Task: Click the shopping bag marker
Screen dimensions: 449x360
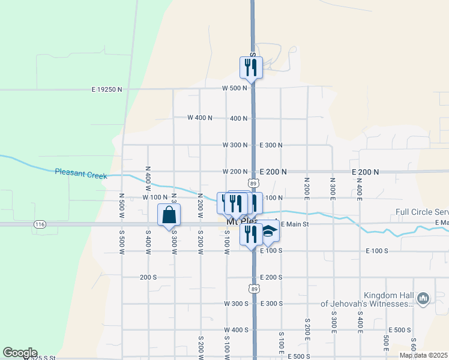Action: coord(169,214)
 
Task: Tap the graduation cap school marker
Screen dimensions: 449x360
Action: coord(269,233)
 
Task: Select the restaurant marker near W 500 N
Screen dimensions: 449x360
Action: coord(251,67)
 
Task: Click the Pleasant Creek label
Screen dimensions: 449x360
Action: coord(80,173)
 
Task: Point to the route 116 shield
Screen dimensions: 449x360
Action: coord(40,224)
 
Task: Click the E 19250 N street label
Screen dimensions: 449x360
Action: coord(107,89)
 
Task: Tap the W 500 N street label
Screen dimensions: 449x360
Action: coord(234,88)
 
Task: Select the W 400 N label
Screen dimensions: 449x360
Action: coord(200,118)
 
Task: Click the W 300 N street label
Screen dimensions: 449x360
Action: coord(235,145)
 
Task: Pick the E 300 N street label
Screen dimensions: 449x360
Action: coord(271,145)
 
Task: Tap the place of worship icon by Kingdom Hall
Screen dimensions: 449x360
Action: coord(423,298)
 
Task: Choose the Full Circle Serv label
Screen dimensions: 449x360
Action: coord(422,212)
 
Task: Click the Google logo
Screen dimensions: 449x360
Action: coord(20,353)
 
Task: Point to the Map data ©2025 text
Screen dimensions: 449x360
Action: coord(423,355)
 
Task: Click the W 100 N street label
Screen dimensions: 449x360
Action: coord(155,197)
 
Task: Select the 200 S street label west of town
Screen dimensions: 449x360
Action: coord(148,277)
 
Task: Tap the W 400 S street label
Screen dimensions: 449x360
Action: coord(235,330)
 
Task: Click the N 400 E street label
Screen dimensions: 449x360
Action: coord(359,188)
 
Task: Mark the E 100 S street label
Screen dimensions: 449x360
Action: coord(272,250)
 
